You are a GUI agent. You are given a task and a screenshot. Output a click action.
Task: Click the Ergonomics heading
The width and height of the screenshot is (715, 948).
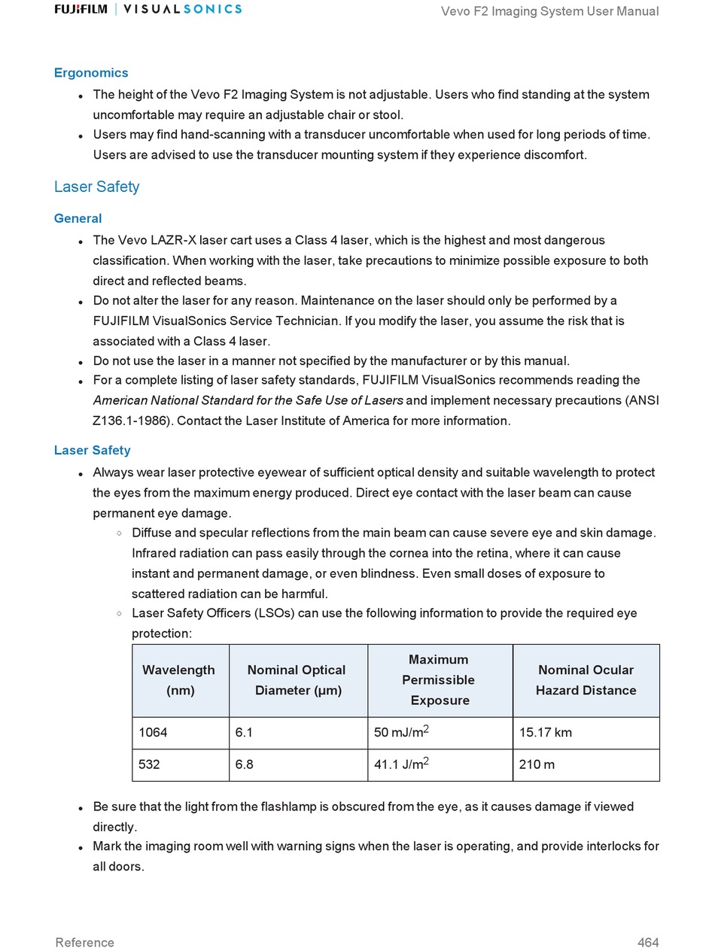91,73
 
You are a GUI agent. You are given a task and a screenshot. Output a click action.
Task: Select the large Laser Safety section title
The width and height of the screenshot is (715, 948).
96,187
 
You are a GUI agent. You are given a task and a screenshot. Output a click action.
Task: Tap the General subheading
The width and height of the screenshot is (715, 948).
78,218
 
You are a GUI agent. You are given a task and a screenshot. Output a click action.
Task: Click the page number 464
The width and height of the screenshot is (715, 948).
648,942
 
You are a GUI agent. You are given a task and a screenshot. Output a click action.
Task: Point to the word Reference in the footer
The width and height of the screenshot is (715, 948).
84,942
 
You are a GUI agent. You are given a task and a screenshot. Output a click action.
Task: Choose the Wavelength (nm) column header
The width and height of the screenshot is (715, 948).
179,680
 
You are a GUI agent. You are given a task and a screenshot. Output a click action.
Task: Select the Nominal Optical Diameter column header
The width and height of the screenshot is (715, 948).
297,680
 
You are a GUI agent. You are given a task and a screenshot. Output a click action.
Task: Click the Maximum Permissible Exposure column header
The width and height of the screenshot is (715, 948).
439,680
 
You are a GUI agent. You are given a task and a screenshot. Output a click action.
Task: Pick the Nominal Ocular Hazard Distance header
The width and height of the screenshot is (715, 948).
586,680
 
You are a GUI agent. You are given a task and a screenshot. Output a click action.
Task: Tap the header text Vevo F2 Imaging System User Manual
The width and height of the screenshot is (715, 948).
549,11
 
